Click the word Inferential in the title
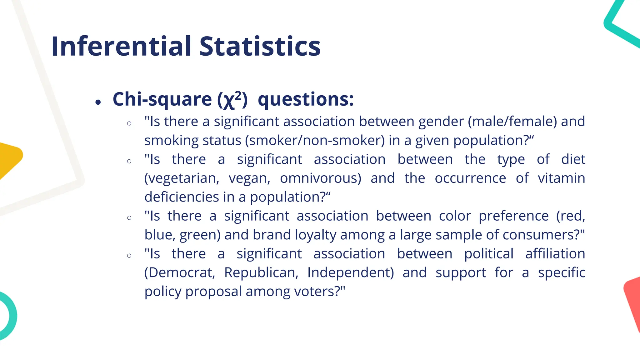pos(121,46)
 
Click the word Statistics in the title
pos(260,46)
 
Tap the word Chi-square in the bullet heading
pos(162,99)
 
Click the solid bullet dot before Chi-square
pos(98,102)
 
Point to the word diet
pos(573,159)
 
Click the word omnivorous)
pos(320,178)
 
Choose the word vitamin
pos(561,178)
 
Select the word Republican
pos(261,273)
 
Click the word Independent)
pos(351,273)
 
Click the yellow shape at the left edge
pos(9,159)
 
